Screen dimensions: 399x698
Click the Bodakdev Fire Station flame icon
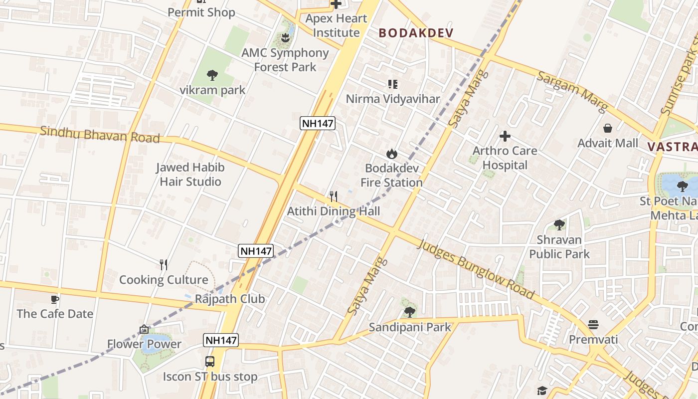(392, 154)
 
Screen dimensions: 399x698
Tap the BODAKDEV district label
(416, 33)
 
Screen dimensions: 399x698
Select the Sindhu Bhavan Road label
(100, 135)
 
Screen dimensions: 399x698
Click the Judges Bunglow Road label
(476, 270)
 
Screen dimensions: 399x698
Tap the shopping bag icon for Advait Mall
(607, 128)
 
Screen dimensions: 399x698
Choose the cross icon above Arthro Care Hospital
(505, 136)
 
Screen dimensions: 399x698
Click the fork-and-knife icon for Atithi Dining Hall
(334, 196)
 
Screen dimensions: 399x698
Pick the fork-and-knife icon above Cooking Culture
(163, 264)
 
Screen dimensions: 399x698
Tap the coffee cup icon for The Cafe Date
(55, 299)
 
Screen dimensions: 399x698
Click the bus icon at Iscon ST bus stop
(210, 362)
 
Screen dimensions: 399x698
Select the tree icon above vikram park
(212, 75)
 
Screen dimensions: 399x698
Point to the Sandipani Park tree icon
(409, 312)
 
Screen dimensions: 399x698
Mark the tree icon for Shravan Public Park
(559, 225)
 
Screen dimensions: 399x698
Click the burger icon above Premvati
(593, 325)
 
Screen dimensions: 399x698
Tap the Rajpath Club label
(230, 299)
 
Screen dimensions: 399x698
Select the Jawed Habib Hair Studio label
(190, 175)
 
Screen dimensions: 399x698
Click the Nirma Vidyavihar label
(393, 99)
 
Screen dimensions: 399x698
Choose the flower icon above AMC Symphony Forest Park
(285, 37)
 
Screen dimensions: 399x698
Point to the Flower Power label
(144, 344)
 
